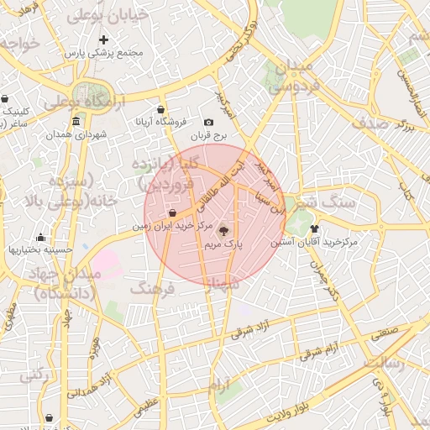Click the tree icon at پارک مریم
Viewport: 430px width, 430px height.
(223, 230)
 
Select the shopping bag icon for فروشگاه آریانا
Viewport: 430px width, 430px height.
(160, 109)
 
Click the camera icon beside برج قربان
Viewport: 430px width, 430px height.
(209, 123)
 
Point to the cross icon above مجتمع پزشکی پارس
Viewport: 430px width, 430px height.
(103, 39)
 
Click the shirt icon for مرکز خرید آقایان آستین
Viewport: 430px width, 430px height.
(315, 228)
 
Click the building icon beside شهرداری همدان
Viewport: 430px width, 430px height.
(76, 121)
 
